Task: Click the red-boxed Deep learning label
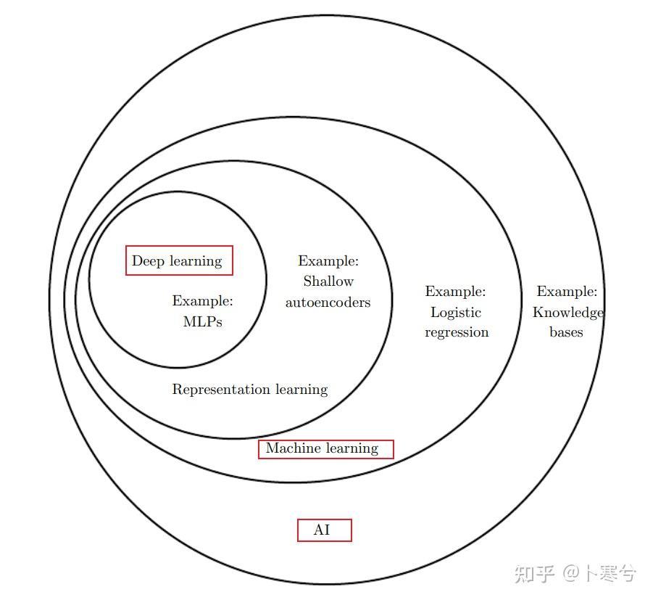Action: (179, 261)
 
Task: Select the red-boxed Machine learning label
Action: (325, 449)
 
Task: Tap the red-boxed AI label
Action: (324, 530)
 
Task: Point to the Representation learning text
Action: (249, 390)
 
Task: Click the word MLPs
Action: (202, 321)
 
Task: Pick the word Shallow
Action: (328, 281)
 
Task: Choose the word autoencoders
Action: (328, 303)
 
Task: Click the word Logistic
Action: (456, 313)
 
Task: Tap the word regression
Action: (457, 332)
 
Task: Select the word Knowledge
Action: (567, 313)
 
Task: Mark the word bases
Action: (566, 332)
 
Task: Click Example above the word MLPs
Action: (202, 300)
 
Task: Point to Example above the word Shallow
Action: (328, 261)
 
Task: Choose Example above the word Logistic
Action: (455, 292)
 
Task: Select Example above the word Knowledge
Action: (567, 292)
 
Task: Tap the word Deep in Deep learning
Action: (148, 261)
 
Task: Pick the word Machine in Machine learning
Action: (291, 449)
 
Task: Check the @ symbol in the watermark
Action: (572, 574)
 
